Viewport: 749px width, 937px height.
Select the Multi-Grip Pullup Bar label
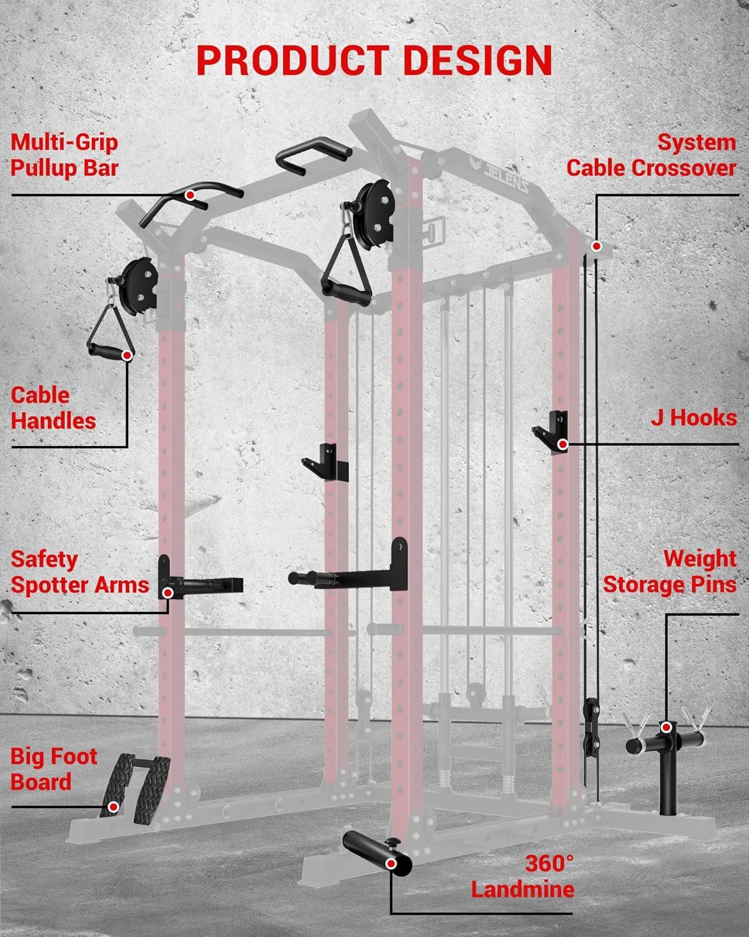pos(64,156)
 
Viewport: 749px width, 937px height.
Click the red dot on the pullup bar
pos(190,195)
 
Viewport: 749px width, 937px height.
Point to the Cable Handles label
pos(53,408)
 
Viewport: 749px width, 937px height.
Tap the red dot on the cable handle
pos(127,355)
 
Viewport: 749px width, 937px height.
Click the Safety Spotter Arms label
pos(80,572)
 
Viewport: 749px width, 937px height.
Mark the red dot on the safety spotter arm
pos(168,593)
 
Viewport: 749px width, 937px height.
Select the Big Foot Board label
pos(54,769)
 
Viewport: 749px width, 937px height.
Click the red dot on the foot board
pos(114,807)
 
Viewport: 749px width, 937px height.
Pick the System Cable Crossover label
pos(651,156)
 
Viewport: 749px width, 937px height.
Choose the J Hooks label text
pos(693,417)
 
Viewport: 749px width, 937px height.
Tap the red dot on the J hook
pos(563,445)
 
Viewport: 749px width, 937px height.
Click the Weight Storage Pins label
pos(669,572)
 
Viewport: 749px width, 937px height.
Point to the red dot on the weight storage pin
pos(666,727)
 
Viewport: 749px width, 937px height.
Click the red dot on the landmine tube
pos(391,851)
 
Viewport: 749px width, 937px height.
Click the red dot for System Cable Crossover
pos(597,246)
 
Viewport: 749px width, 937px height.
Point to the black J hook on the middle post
pos(325,462)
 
